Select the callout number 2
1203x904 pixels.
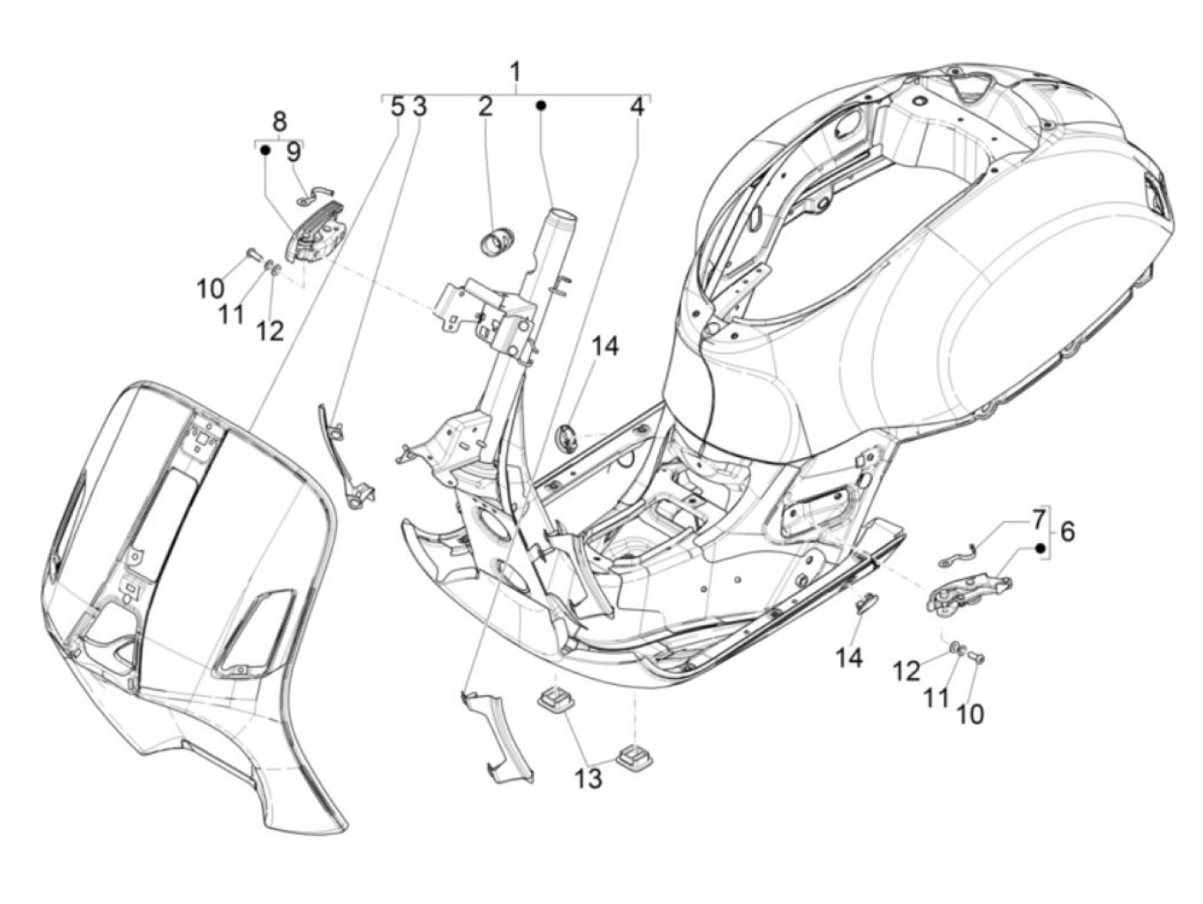click(484, 107)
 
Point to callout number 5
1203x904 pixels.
click(396, 107)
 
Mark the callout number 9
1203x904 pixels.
click(294, 152)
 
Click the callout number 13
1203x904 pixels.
click(588, 778)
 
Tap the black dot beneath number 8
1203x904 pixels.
click(266, 150)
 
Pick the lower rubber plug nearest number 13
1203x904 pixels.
click(633, 756)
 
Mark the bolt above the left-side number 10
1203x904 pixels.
click(253, 269)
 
